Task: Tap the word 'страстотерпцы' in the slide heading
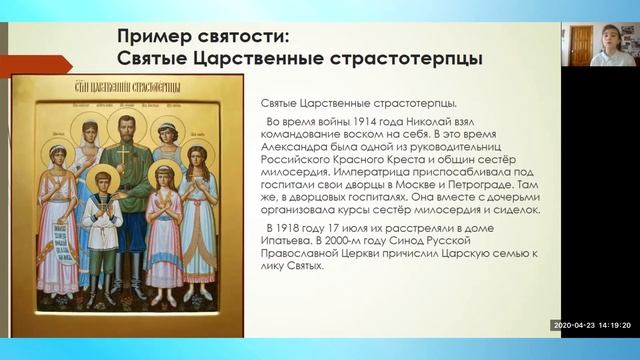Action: tap(405, 58)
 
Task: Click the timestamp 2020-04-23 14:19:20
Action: tap(594, 325)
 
